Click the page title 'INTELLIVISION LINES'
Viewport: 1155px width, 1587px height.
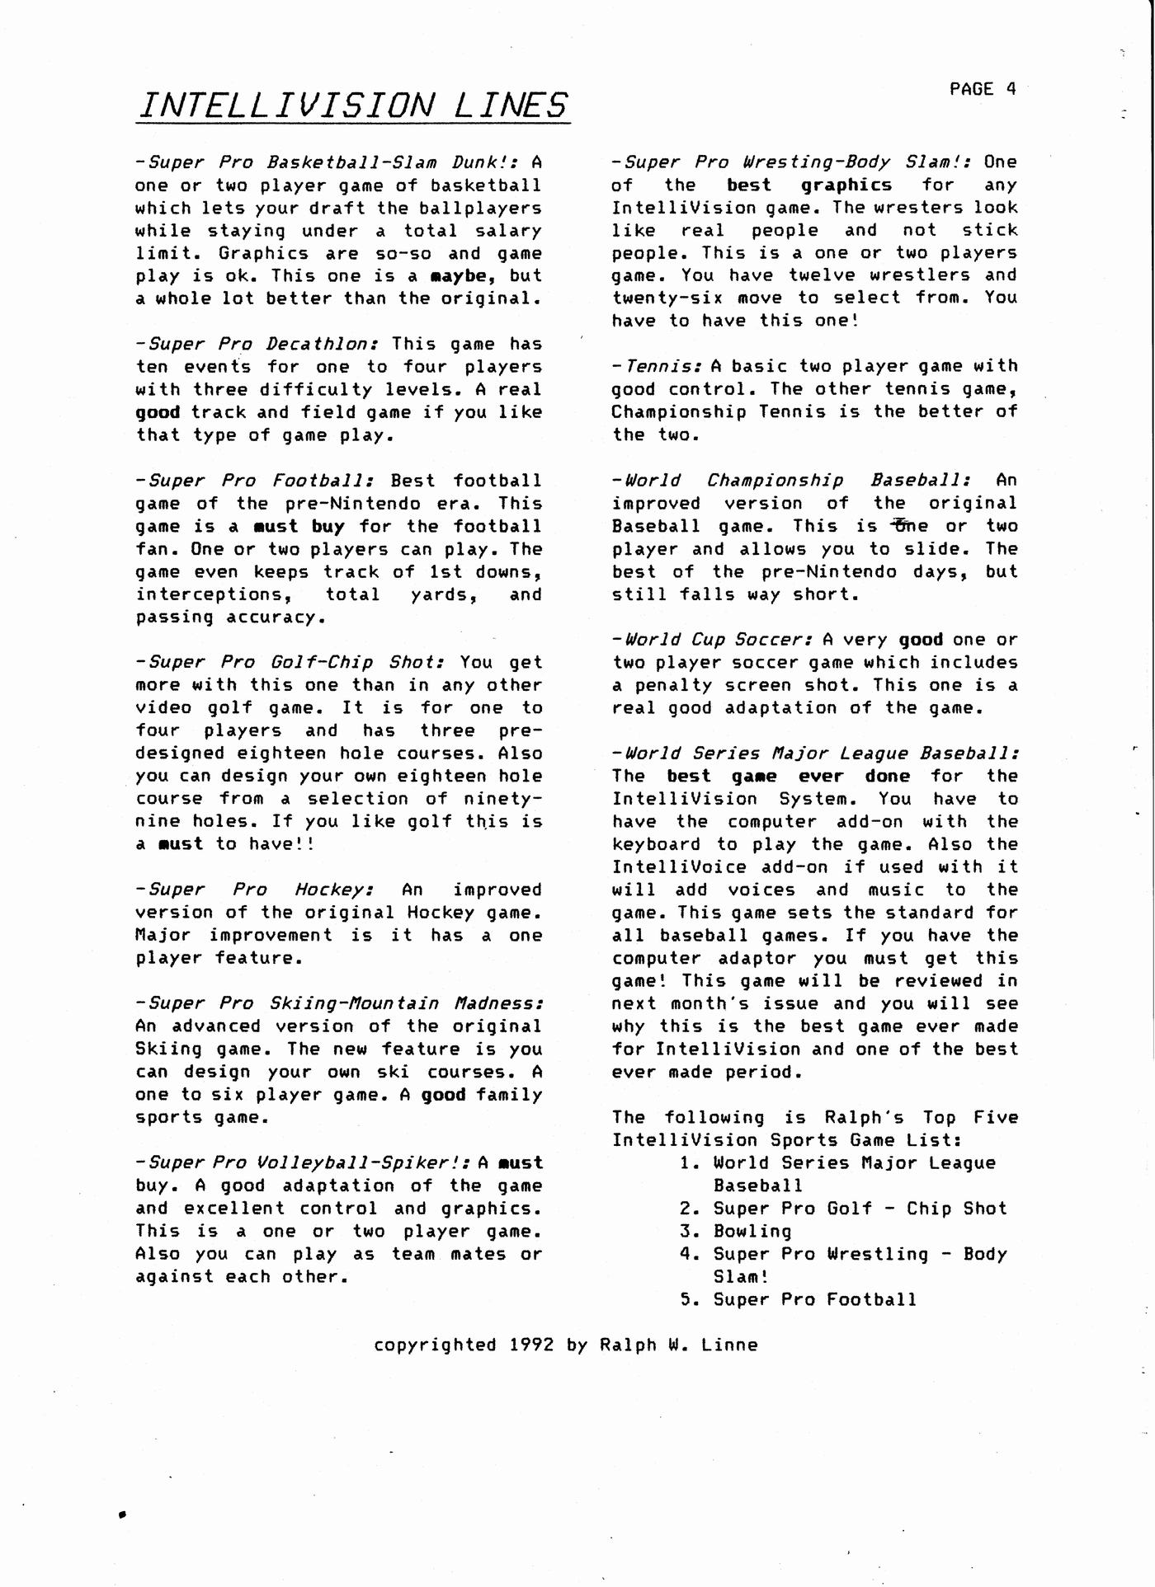[x=354, y=106]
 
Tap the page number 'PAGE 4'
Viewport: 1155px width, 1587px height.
[x=983, y=89]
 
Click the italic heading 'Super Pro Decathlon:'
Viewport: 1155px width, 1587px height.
[x=258, y=344]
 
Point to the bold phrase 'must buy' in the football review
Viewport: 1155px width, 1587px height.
[x=299, y=526]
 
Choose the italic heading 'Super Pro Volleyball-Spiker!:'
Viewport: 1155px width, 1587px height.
[x=304, y=1162]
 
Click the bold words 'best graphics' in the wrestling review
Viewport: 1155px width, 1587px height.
[x=809, y=185]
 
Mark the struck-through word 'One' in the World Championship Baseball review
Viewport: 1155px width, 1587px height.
[x=911, y=526]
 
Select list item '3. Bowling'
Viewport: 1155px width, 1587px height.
[x=736, y=1231]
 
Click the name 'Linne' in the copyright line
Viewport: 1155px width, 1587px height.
[x=729, y=1345]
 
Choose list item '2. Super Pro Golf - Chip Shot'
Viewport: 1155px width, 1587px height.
[x=844, y=1209]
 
